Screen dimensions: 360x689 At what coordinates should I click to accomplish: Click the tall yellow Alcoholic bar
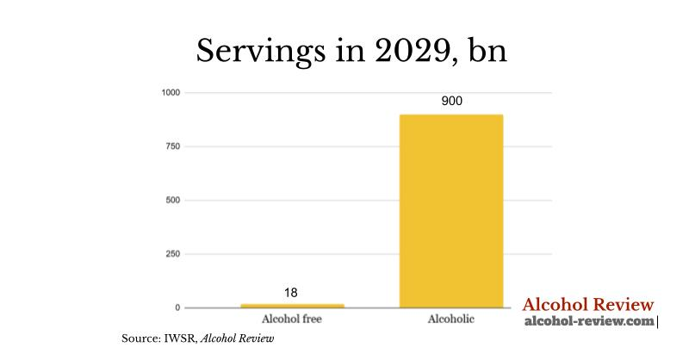(451, 211)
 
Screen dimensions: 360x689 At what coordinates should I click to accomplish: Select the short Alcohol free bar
(291, 305)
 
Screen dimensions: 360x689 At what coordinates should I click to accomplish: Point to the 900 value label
(451, 102)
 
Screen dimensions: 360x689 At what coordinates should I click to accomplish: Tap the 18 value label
(291, 293)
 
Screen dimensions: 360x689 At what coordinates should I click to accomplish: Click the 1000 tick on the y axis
(171, 93)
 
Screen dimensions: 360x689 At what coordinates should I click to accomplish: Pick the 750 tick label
(173, 146)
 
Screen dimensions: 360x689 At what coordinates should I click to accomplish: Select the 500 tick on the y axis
(173, 201)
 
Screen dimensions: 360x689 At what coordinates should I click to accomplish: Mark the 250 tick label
(173, 254)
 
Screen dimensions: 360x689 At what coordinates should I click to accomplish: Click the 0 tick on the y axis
(178, 307)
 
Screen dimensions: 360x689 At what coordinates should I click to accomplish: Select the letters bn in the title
(486, 51)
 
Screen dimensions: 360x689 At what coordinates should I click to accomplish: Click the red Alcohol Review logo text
(588, 305)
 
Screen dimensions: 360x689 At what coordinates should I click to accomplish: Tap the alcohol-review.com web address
(589, 321)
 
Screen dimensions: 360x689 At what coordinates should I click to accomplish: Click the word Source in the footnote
(141, 339)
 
